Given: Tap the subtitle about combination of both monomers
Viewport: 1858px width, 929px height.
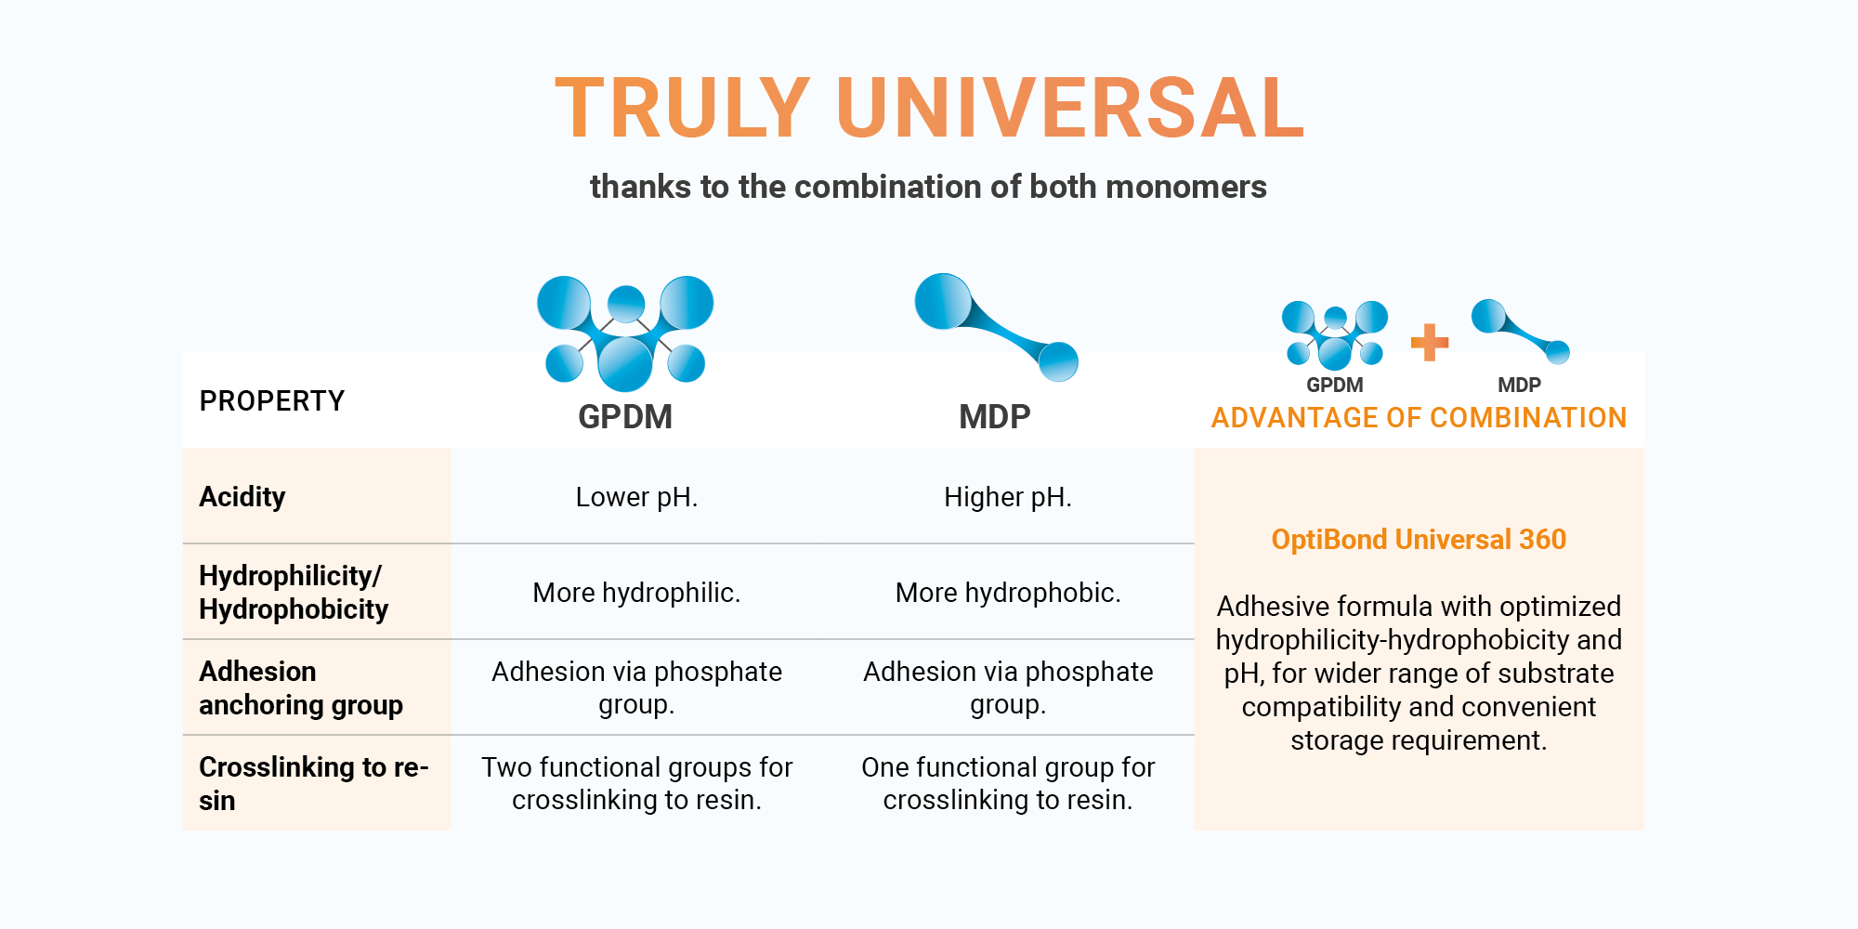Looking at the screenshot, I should [928, 187].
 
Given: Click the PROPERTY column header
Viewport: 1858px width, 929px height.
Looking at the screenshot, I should [271, 401].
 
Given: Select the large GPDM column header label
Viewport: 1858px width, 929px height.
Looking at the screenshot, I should [624, 417].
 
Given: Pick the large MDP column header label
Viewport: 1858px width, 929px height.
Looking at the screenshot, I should [994, 417].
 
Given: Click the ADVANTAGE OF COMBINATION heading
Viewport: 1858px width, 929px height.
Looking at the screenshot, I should [1419, 418].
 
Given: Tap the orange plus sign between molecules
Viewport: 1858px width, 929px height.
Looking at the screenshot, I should [1429, 342].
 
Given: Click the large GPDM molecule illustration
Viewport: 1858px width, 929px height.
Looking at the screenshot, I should [625, 333].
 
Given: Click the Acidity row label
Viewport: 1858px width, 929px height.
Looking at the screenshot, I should [242, 497].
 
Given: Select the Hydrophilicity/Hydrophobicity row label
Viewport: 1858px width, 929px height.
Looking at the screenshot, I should [294, 593].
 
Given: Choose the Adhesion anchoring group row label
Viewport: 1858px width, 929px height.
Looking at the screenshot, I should [300, 688].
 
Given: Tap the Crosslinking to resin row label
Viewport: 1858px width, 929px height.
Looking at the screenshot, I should [313, 783].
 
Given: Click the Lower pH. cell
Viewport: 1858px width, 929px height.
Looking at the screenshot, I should [636, 497].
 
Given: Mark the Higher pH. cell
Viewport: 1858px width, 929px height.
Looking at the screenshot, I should [1008, 497].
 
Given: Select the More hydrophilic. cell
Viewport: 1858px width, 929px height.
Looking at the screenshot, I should [636, 593].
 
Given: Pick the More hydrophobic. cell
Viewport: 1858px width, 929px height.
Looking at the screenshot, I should [1008, 593].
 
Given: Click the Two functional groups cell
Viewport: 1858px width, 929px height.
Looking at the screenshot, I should [636, 783].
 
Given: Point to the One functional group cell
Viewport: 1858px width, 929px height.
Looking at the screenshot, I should [1008, 783].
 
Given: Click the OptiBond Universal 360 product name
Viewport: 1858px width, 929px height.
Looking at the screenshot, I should [1419, 540].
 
